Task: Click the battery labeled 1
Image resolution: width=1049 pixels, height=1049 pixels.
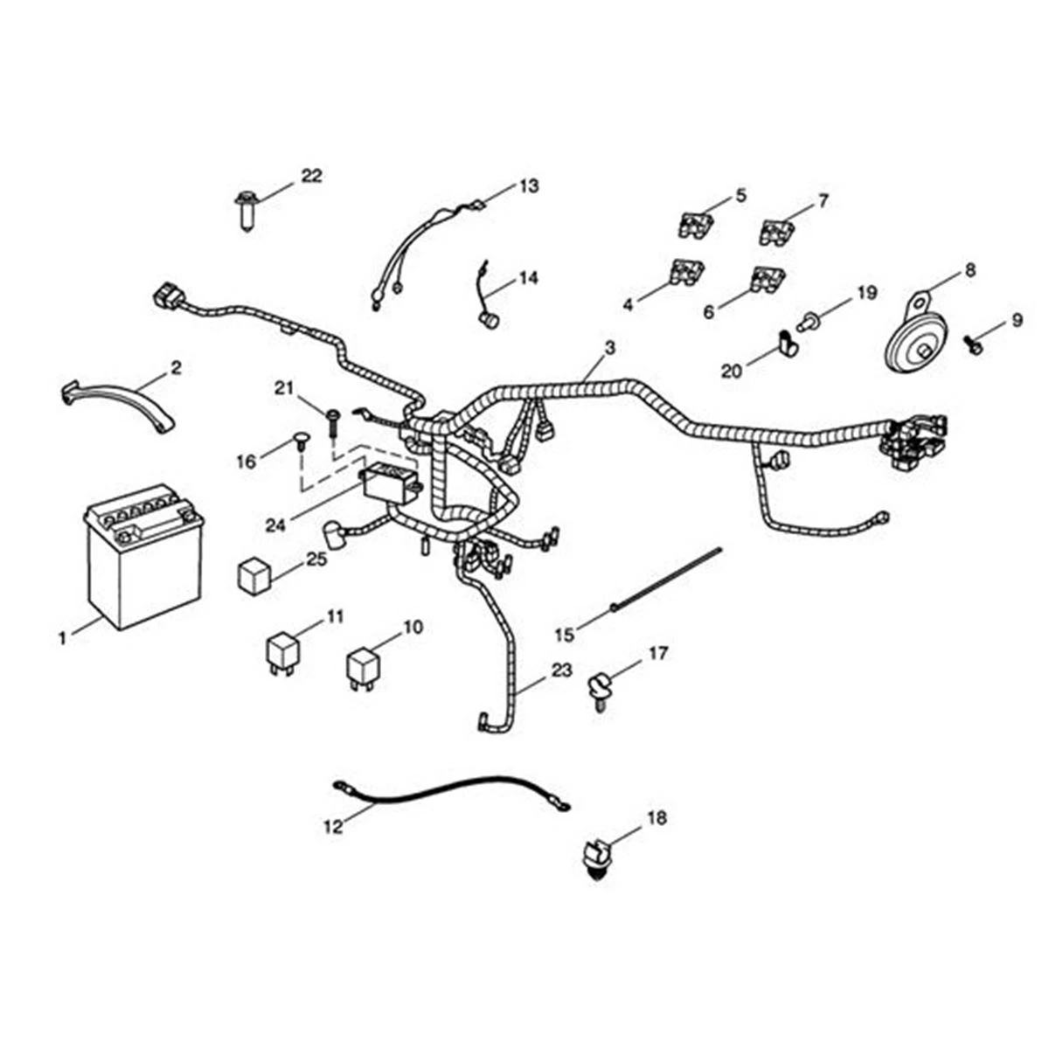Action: click(x=144, y=556)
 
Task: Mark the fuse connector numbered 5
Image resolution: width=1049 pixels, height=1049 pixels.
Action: click(x=696, y=225)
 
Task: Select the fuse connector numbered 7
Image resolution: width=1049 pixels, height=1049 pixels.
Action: click(x=775, y=232)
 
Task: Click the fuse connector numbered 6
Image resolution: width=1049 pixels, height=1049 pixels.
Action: click(x=768, y=278)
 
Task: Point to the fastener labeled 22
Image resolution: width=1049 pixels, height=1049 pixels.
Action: click(x=247, y=210)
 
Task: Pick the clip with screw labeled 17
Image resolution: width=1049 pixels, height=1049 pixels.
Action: click(x=601, y=691)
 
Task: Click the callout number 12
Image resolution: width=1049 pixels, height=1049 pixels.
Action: click(x=333, y=826)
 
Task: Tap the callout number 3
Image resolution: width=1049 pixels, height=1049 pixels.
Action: click(x=609, y=347)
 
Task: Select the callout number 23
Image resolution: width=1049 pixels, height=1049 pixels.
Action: click(x=562, y=670)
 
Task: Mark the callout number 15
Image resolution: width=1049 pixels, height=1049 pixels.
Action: click(x=565, y=635)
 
